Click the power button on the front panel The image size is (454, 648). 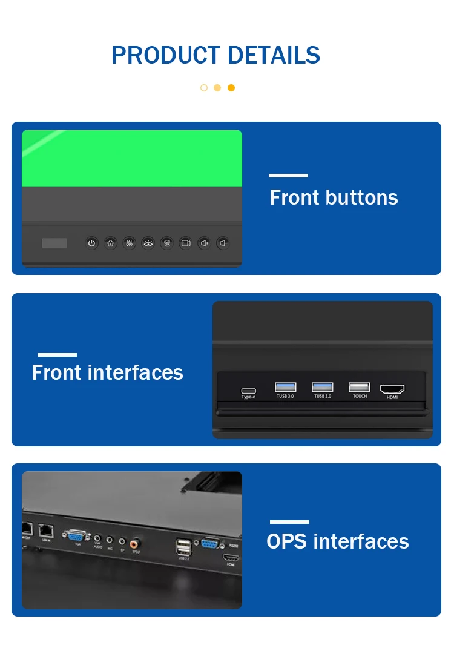pyautogui.click(x=91, y=243)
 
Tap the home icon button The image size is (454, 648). pyautogui.click(x=110, y=243)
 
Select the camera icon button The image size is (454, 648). pyautogui.click(x=185, y=243)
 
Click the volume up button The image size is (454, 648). pyautogui.click(x=205, y=243)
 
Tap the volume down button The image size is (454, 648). pyautogui.click(x=223, y=243)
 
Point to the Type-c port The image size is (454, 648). pyautogui.click(x=248, y=391)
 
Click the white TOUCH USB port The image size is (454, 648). pyautogui.click(x=360, y=387)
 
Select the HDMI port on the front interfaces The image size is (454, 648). pyautogui.click(x=392, y=389)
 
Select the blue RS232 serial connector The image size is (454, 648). pyautogui.click(x=210, y=544)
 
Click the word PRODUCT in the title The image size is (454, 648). pyautogui.click(x=157, y=56)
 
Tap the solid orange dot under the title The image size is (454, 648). pyautogui.click(x=231, y=88)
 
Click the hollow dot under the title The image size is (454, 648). pyautogui.click(x=204, y=88)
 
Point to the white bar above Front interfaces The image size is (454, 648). pyautogui.click(x=57, y=355)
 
